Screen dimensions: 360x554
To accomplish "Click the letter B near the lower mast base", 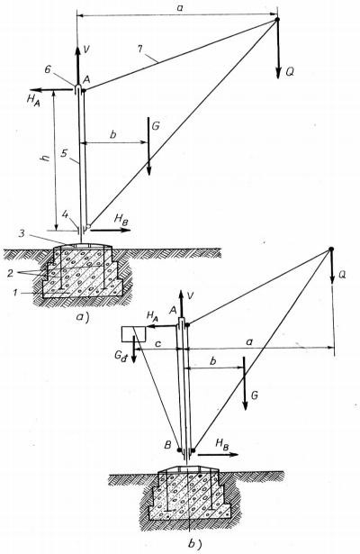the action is [169, 443].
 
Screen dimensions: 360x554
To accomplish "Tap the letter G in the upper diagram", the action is [157, 127].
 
